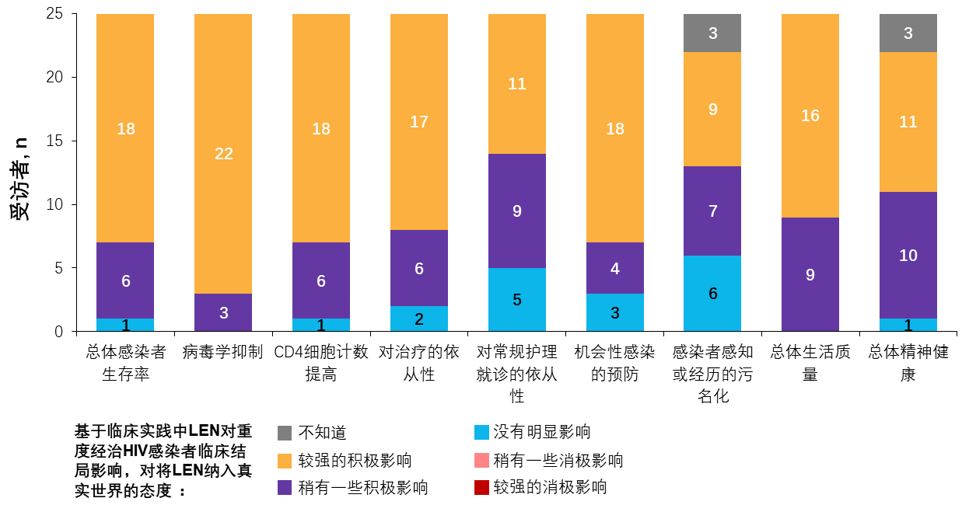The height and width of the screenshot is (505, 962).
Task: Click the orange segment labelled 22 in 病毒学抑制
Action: click(x=223, y=154)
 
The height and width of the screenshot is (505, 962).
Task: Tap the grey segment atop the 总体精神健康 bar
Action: click(x=908, y=33)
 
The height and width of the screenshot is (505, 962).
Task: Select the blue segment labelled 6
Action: click(x=712, y=294)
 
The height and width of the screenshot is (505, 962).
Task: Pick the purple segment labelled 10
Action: click(x=908, y=256)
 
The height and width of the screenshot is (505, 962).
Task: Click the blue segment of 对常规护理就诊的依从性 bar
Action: click(x=517, y=300)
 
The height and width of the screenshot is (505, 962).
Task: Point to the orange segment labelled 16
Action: click(x=810, y=116)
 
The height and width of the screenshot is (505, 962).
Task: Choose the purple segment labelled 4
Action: click(x=615, y=268)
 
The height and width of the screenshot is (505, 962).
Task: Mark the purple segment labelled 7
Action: click(x=712, y=211)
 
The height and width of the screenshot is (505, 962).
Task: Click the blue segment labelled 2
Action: click(x=419, y=319)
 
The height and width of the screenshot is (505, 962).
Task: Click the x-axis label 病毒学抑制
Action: click(x=223, y=352)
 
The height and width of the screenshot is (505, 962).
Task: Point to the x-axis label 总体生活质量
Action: click(x=810, y=363)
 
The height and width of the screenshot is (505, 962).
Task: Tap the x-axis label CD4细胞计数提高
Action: click(x=321, y=363)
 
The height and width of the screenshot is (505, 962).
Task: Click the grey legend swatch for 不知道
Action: click(x=285, y=433)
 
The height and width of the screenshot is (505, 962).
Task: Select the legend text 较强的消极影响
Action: click(x=550, y=487)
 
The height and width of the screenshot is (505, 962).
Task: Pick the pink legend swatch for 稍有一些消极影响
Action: click(x=481, y=460)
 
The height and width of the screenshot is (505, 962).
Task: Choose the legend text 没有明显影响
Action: click(x=542, y=433)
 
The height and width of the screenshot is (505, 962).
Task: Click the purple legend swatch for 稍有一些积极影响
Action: click(x=285, y=487)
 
